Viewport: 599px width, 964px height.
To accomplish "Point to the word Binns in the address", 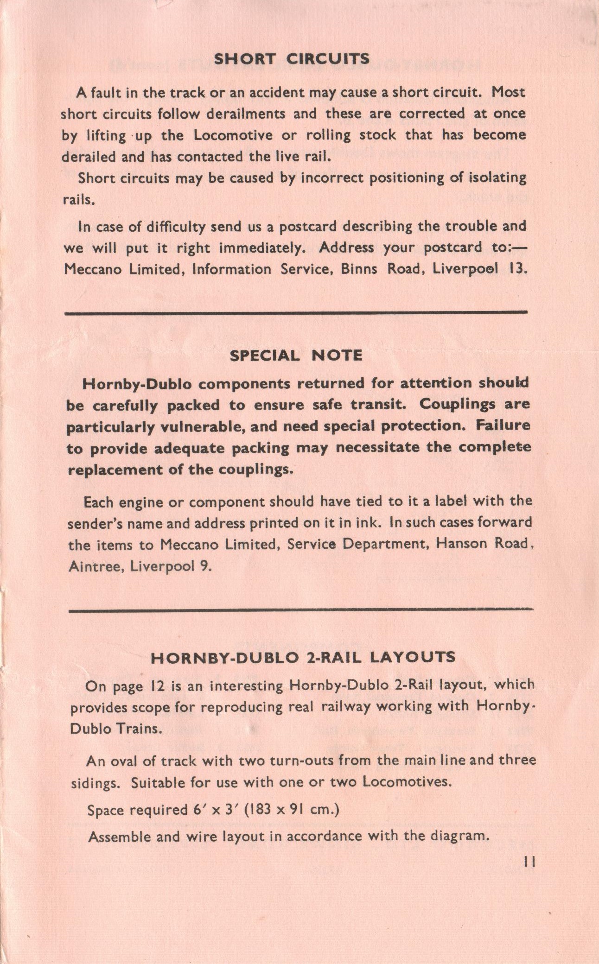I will (359, 269).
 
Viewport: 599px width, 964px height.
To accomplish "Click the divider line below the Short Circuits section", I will (296, 313).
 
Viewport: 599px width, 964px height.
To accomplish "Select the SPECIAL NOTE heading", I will (296, 355).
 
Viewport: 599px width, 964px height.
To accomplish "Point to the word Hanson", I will (461, 544).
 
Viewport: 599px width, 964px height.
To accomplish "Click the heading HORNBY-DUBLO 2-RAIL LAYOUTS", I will (303, 657).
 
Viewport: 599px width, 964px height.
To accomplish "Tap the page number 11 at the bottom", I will (529, 862).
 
